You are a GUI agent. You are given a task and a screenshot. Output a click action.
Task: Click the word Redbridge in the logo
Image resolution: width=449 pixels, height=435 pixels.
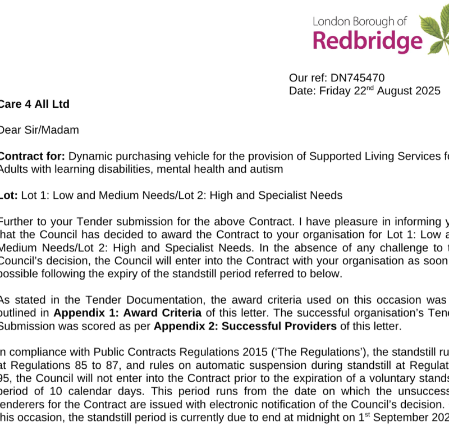367,41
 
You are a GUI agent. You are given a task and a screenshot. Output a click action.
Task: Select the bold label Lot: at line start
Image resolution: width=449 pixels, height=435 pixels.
8,195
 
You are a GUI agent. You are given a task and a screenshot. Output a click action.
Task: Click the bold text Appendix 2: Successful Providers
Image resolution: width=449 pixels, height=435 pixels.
245,326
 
